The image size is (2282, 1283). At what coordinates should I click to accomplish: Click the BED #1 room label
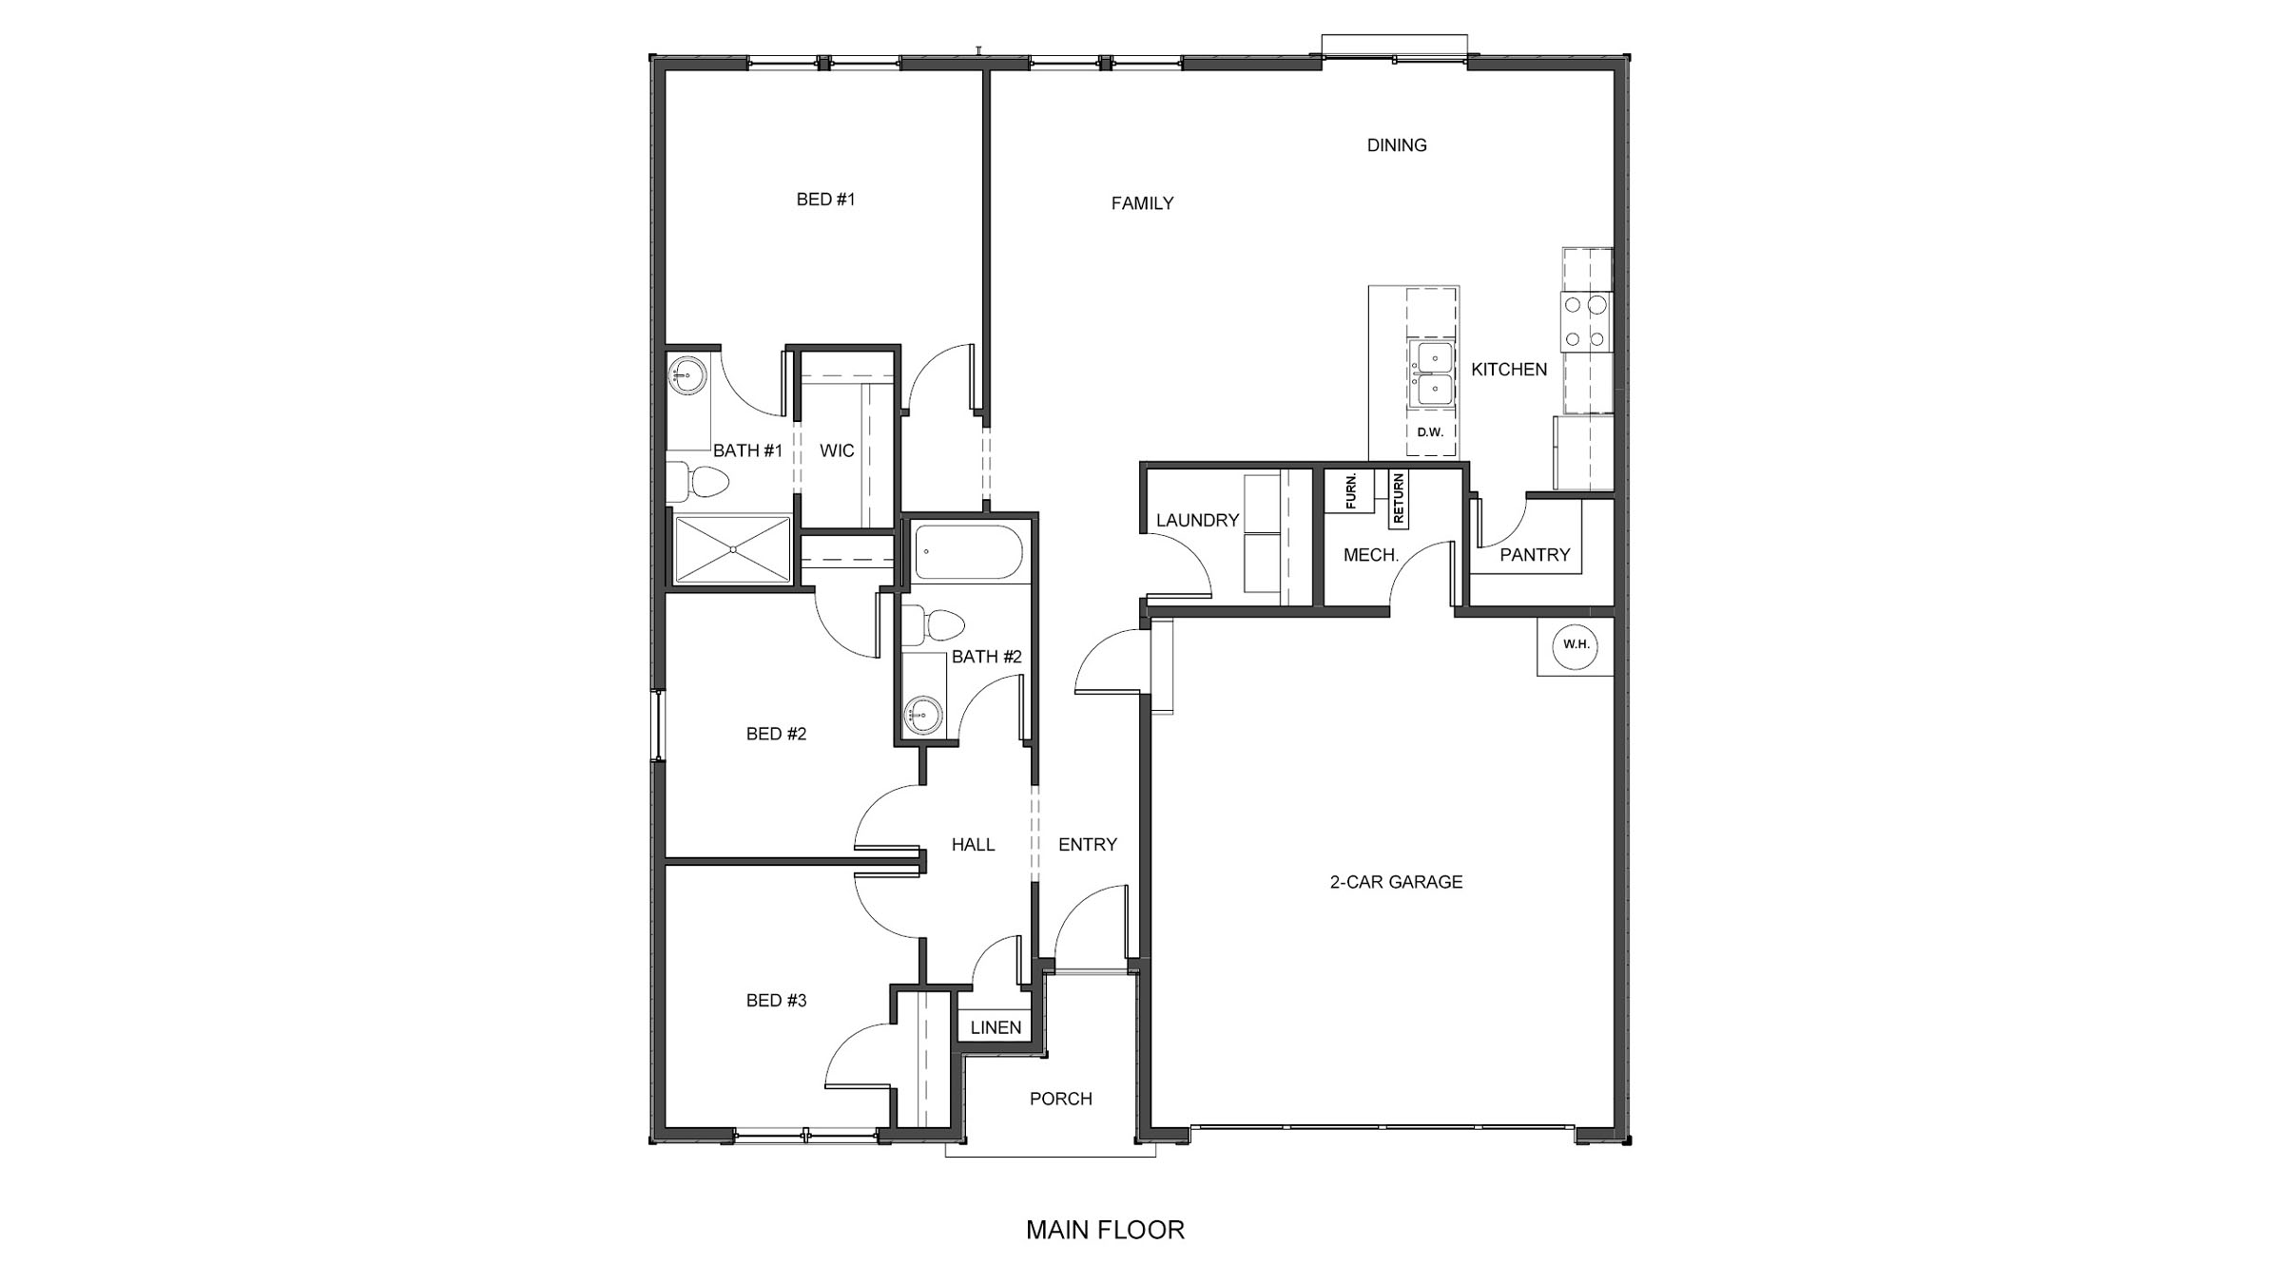tap(825, 200)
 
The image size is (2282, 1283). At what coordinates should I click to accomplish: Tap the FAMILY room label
tap(1142, 203)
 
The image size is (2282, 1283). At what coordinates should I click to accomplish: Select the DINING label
tap(1396, 145)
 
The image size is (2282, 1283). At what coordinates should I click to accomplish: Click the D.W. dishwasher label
tap(1430, 432)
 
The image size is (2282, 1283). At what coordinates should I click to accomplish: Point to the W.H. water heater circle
tap(1576, 645)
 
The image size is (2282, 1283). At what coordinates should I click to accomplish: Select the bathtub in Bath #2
tap(968, 551)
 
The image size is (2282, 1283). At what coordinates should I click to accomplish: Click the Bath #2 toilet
tap(934, 625)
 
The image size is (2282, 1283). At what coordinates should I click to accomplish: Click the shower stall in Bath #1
tap(731, 548)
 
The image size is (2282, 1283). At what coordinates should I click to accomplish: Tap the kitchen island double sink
tap(1431, 373)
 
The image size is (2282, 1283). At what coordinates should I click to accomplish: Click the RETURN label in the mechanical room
tap(1398, 500)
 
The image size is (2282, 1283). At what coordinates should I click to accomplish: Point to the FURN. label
tap(1351, 491)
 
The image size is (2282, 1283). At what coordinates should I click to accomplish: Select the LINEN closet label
tap(996, 1027)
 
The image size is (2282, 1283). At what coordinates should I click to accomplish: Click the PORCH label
tap(1060, 1099)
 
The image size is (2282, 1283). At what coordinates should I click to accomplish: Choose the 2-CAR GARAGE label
tap(1396, 882)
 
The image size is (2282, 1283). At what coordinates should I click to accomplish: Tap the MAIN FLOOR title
tap(1105, 1230)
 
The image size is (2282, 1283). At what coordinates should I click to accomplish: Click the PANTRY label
tap(1535, 555)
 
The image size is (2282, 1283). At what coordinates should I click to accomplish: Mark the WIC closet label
tap(837, 450)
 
